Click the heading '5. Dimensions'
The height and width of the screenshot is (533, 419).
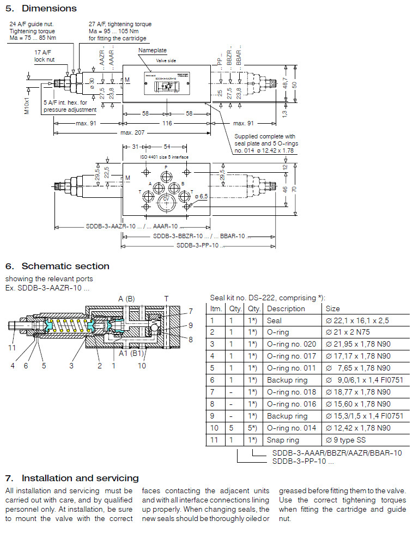pos(41,8)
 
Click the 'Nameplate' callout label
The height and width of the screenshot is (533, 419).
pos(152,50)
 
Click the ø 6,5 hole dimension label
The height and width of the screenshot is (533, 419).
pos(201,196)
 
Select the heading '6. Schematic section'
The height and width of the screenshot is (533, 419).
pos(57,266)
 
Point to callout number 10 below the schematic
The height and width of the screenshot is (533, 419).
pos(142,365)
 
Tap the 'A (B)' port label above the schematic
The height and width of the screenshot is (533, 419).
pos(126,298)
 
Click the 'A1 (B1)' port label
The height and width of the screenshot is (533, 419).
pos(131,353)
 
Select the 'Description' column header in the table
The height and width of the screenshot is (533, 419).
pos(286,309)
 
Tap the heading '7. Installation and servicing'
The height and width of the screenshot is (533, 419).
pos(72,478)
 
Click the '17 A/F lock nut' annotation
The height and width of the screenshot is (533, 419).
pos(44,56)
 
